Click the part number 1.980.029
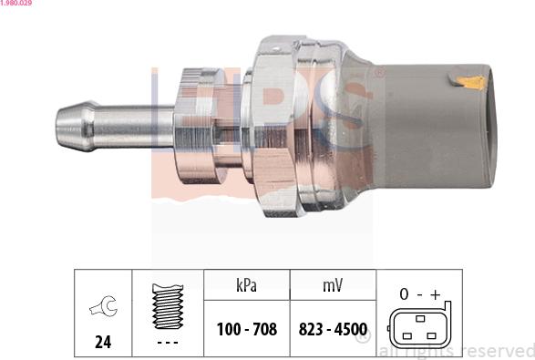(x=18, y=5)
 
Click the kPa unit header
(x=246, y=285)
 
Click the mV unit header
(x=333, y=285)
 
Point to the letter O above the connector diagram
(x=402, y=293)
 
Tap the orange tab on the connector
(x=473, y=83)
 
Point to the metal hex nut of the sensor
(x=273, y=128)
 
